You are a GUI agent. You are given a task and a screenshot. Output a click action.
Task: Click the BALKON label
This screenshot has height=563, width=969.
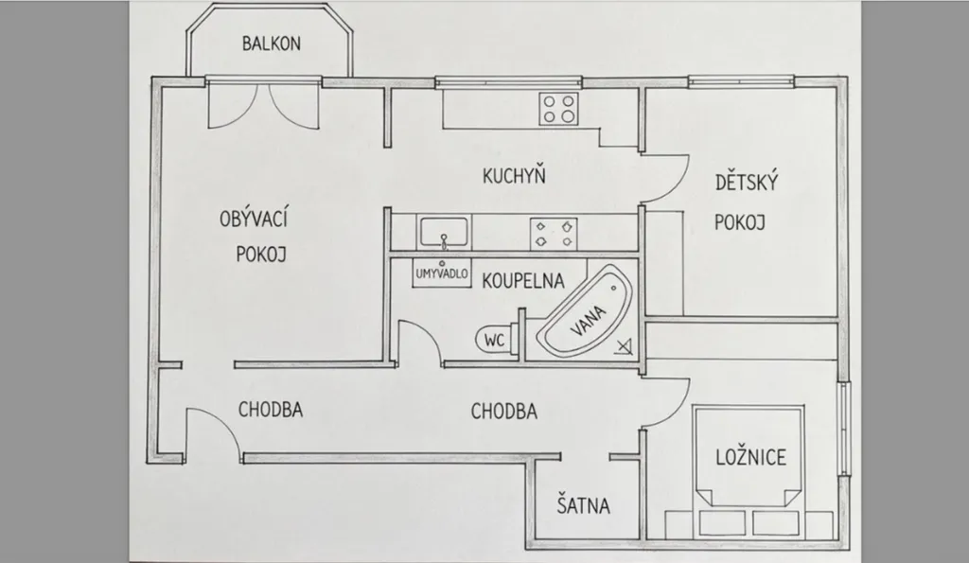pyautogui.click(x=271, y=44)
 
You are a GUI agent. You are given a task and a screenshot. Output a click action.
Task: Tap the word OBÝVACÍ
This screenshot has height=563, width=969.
pyautogui.click(x=254, y=220)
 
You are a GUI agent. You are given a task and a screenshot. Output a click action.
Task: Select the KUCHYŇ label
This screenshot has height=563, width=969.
pyautogui.click(x=514, y=176)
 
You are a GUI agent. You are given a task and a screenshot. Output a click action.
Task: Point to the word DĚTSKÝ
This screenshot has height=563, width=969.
pyautogui.click(x=746, y=183)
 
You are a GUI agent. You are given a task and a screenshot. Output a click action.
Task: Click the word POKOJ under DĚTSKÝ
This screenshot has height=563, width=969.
pyautogui.click(x=739, y=222)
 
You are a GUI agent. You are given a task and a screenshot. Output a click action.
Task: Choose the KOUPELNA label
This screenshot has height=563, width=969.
pyautogui.click(x=522, y=281)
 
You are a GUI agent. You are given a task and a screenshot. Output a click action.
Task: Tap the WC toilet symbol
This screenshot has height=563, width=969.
pyautogui.click(x=494, y=339)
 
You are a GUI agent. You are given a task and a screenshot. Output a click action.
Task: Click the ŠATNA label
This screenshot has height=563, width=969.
pyautogui.click(x=583, y=506)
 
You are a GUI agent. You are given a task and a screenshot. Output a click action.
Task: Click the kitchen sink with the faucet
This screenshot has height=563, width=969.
pyautogui.click(x=443, y=233)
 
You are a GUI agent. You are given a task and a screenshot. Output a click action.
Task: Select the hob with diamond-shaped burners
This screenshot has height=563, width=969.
pyautogui.click(x=554, y=233)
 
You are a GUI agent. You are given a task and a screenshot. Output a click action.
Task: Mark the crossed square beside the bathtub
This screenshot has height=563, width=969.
pyautogui.click(x=624, y=346)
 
